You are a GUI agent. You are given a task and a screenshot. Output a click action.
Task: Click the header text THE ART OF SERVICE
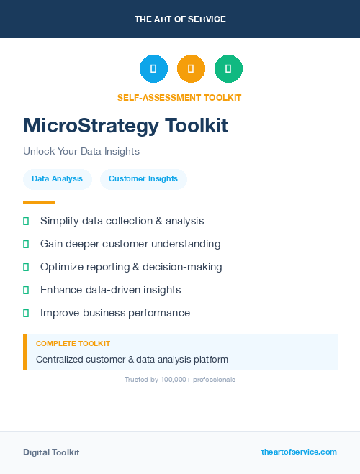(180, 19)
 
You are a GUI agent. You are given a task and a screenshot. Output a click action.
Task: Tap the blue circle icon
(153, 69)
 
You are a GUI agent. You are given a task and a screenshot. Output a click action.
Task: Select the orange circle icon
(191, 69)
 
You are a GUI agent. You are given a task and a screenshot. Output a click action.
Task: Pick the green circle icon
(228, 69)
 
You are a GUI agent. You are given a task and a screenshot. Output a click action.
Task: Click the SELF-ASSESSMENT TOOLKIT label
(179, 97)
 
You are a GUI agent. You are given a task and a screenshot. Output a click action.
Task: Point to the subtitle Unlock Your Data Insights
(81, 152)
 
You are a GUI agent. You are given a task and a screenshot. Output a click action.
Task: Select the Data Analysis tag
(57, 179)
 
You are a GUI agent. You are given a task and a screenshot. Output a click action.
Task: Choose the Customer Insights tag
(143, 179)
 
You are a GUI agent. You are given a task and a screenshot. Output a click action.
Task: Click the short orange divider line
(39, 202)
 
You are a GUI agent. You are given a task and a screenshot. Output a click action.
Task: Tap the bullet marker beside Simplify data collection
(26, 221)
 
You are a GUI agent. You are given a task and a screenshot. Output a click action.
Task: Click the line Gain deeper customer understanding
(130, 244)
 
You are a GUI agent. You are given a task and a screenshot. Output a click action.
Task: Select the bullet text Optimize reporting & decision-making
(131, 267)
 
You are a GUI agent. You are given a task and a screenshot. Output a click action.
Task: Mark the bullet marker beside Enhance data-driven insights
(26, 290)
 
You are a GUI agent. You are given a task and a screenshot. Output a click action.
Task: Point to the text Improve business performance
(115, 313)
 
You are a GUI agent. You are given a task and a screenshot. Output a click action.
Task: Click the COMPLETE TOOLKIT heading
(73, 344)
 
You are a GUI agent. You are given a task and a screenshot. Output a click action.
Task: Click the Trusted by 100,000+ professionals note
(180, 379)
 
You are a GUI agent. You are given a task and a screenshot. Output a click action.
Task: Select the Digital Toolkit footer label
(51, 452)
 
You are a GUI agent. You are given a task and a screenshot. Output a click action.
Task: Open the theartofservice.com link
(299, 452)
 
